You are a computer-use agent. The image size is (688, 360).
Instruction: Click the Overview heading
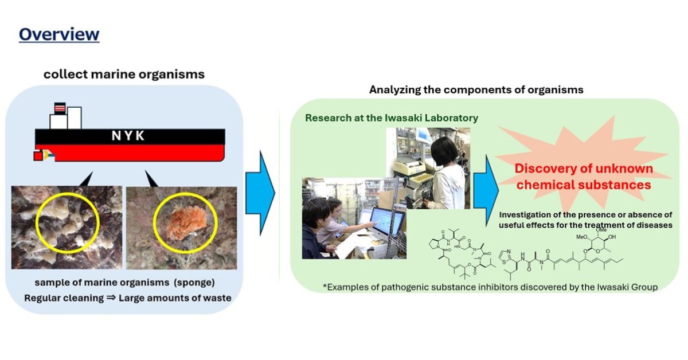[59, 34]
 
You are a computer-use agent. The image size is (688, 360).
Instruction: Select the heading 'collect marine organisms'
[124, 75]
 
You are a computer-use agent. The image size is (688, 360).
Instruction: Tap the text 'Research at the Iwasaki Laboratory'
[391, 118]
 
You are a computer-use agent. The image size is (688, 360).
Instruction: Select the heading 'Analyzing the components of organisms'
[476, 90]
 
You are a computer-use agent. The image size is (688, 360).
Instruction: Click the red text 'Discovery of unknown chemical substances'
[583, 177]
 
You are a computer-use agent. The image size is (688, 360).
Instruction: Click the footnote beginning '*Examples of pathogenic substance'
[489, 287]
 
